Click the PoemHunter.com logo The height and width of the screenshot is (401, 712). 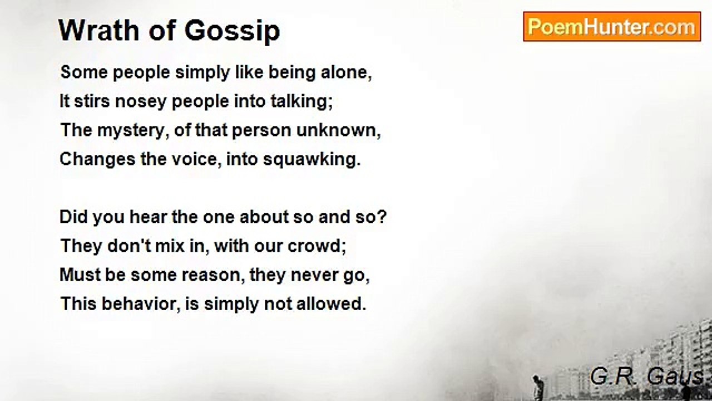(x=612, y=27)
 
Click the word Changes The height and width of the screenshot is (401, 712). (x=93, y=159)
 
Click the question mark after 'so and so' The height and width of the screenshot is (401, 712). (x=382, y=217)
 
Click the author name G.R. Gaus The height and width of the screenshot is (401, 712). (x=647, y=377)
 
